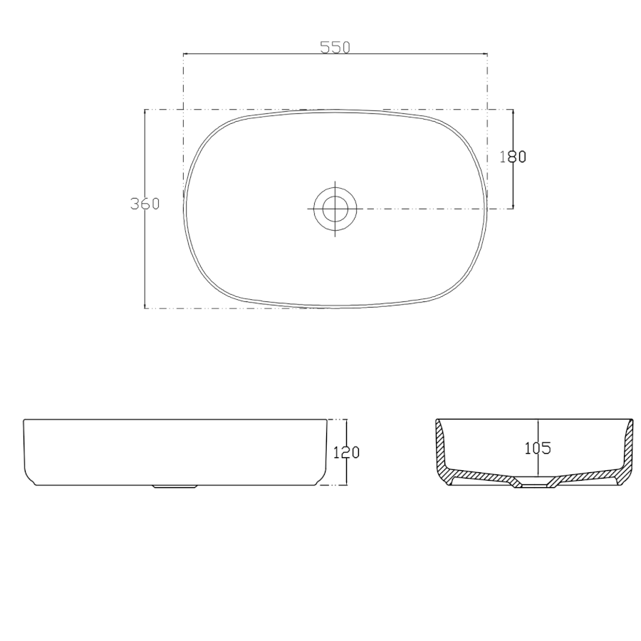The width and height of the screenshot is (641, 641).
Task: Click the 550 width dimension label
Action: click(335, 48)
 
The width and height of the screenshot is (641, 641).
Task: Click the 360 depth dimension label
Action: click(145, 204)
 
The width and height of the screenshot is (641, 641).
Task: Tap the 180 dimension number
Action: click(513, 157)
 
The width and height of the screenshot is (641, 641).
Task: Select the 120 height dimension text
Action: click(346, 452)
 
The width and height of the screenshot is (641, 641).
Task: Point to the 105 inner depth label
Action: click(538, 449)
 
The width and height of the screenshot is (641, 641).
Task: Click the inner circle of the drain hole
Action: click(335, 209)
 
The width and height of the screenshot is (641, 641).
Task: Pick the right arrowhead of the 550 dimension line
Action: click(485, 53)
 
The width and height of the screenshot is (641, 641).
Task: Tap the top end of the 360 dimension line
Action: click(145, 110)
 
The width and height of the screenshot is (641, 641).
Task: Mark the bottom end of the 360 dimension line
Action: click(145, 308)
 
